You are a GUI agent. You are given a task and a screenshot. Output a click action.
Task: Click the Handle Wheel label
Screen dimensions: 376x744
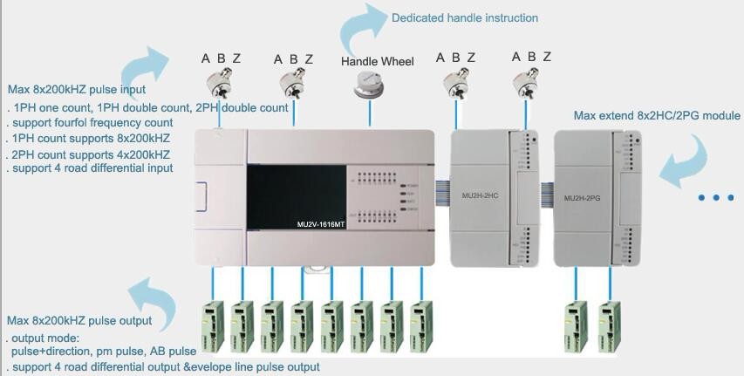[377, 61]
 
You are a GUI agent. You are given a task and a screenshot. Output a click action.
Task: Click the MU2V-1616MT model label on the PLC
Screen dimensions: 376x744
[320, 224]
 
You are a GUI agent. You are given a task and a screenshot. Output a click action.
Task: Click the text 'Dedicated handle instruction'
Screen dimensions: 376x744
[465, 17]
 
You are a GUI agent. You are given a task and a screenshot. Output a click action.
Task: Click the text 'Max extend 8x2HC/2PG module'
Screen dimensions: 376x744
[657, 116]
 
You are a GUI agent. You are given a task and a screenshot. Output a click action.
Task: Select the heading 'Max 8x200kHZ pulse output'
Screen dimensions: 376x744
[78, 322]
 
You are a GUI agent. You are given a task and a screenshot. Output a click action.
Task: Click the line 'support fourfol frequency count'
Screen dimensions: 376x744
[92, 123]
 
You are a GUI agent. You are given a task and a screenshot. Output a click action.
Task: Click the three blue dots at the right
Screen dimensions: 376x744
[717, 198]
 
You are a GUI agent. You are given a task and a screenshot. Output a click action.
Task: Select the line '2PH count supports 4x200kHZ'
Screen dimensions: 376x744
[91, 154]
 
